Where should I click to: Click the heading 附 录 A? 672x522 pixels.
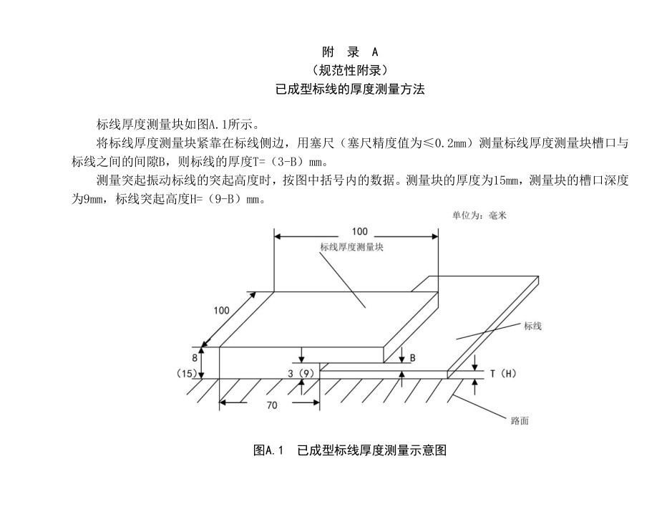tap(350, 52)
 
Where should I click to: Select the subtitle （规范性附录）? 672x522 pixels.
tap(350, 71)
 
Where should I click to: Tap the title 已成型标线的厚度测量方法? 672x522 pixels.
tap(350, 90)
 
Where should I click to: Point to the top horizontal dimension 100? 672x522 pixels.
tap(360, 231)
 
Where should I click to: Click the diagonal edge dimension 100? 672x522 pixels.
tap(221, 310)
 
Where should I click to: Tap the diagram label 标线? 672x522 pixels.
tap(532, 326)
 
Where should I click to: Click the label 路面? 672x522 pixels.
tap(520, 421)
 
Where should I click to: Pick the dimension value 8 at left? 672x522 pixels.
tap(194, 357)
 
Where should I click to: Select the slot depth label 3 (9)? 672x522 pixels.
tap(301, 373)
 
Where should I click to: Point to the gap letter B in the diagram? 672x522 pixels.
tap(413, 358)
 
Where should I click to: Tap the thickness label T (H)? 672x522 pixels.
tap(504, 374)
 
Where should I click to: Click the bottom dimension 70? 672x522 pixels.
tap(272, 405)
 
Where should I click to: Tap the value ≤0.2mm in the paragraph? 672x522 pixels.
tap(447, 143)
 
